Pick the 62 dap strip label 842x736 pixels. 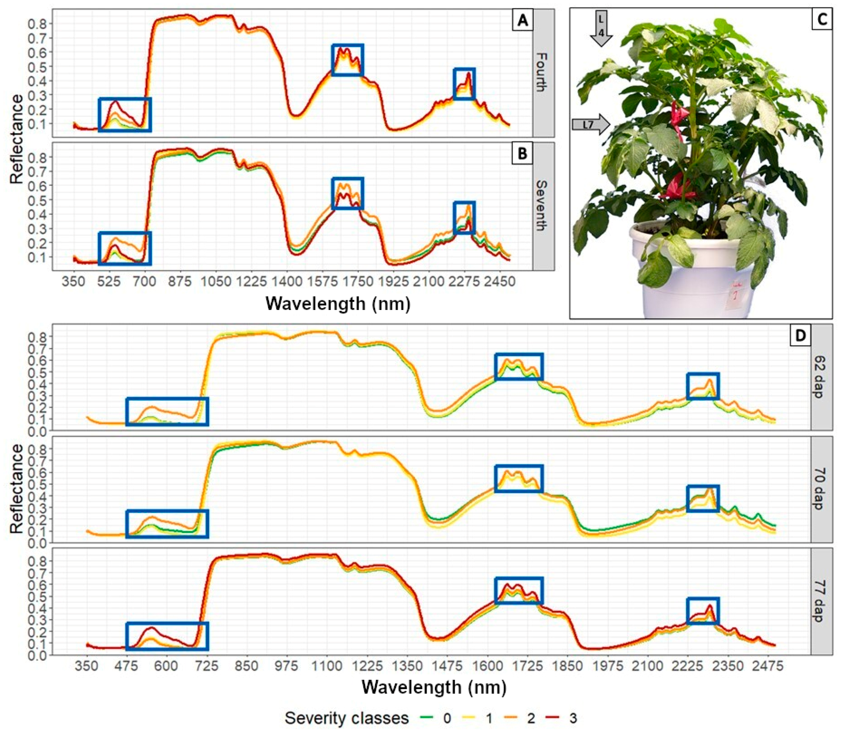click(x=821, y=377)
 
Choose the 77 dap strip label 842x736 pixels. click(x=821, y=601)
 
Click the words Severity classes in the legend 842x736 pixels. click(x=347, y=718)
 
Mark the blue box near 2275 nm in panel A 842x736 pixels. click(x=464, y=84)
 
